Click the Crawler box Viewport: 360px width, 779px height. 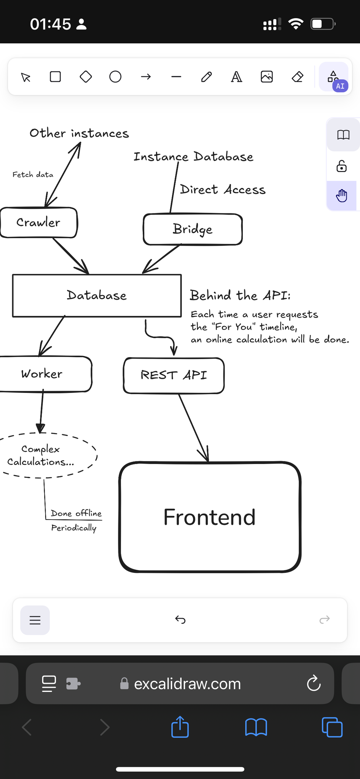pos(38,223)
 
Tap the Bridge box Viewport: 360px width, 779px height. pos(193,229)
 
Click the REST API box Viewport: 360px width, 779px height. pos(174,375)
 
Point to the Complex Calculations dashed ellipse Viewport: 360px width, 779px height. pos(41,455)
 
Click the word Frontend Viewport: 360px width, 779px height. pos(209,517)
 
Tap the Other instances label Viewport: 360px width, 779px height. pos(79,133)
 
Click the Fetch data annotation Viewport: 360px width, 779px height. pos(33,175)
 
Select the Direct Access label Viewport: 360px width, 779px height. pos(223,189)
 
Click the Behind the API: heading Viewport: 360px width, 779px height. pos(240,295)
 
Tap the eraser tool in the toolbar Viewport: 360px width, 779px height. pos(297,77)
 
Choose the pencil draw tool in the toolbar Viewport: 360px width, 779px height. pos(206,77)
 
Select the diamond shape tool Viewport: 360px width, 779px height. pos(86,77)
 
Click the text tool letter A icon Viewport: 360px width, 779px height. pos(236,77)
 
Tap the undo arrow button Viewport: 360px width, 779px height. pos(180,620)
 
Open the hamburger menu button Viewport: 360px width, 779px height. pos(35,620)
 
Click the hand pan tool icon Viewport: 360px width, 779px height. pos(341,196)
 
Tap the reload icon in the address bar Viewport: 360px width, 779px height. pos(314,683)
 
